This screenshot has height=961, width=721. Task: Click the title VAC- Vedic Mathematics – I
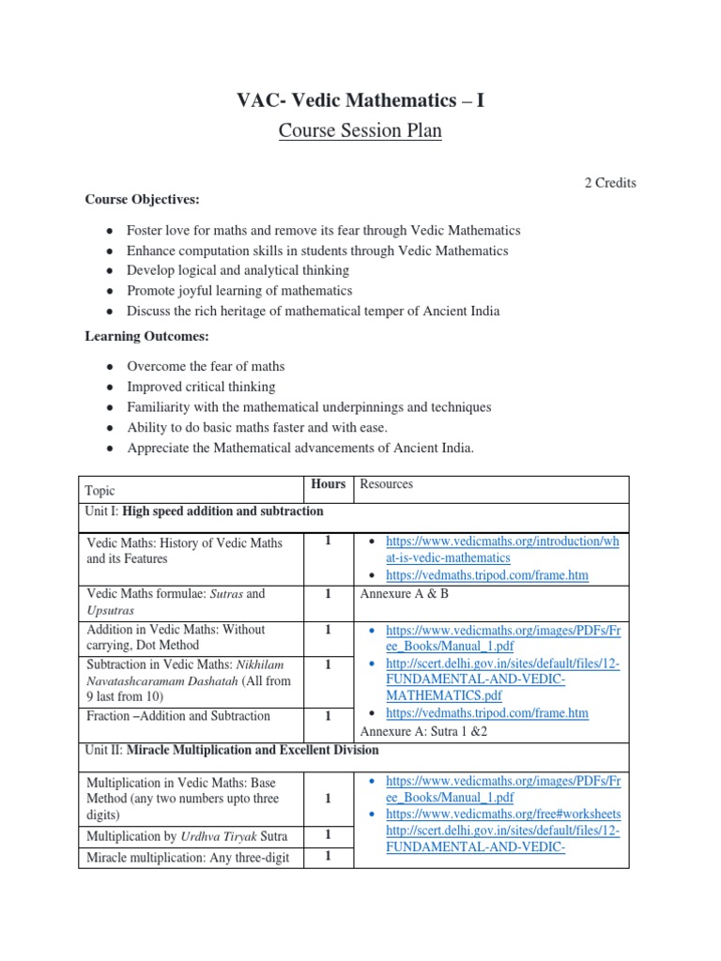pyautogui.click(x=360, y=99)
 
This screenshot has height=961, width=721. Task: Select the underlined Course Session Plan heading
pyautogui.click(x=360, y=130)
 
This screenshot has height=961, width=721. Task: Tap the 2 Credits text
pyautogui.click(x=609, y=183)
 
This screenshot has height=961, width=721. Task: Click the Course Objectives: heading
pyautogui.click(x=143, y=199)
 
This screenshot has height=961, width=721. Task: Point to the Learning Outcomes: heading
pyautogui.click(x=146, y=335)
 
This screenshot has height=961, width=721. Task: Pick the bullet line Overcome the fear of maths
pyautogui.click(x=207, y=366)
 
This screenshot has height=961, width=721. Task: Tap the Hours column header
pyautogui.click(x=329, y=484)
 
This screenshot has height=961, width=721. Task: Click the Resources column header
pyautogui.click(x=387, y=484)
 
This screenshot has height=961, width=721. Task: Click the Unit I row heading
pyautogui.click(x=204, y=511)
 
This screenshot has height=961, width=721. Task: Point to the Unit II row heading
pyautogui.click(x=232, y=750)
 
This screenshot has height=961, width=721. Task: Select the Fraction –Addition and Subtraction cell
pyautogui.click(x=178, y=716)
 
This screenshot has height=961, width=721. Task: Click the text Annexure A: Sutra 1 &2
pyautogui.click(x=424, y=732)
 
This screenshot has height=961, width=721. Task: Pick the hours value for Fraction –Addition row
pyautogui.click(x=329, y=716)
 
